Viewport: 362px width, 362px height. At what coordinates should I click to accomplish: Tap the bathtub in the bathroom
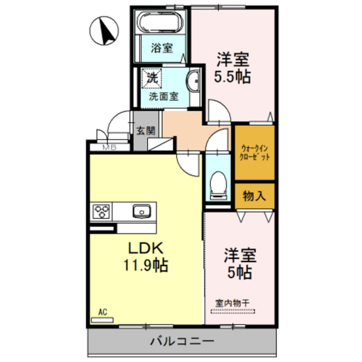pyautogui.click(x=161, y=24)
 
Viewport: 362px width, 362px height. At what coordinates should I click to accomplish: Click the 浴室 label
pyautogui.click(x=161, y=48)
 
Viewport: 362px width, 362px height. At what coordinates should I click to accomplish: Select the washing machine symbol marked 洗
pyautogui.click(x=152, y=78)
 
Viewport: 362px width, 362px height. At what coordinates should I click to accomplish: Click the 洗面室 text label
pyautogui.click(x=163, y=96)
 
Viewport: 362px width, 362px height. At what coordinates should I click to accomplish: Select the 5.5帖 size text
pyautogui.click(x=232, y=76)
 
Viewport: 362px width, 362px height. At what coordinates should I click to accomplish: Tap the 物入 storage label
pyautogui.click(x=254, y=196)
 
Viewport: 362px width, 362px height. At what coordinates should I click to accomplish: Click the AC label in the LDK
pyautogui.click(x=102, y=312)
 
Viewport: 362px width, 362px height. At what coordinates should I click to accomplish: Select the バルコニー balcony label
pyautogui.click(x=182, y=341)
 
